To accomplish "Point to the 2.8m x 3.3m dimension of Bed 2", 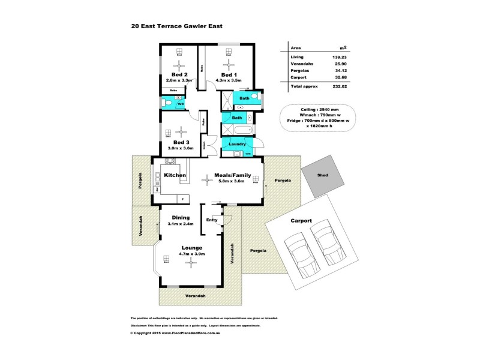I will (x=178, y=79).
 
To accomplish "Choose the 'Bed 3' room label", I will (x=182, y=142).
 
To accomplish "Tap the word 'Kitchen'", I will (x=175, y=175).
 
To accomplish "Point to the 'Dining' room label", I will (x=181, y=217).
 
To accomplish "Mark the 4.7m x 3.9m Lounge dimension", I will (x=191, y=254).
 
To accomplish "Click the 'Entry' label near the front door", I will (x=212, y=220).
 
